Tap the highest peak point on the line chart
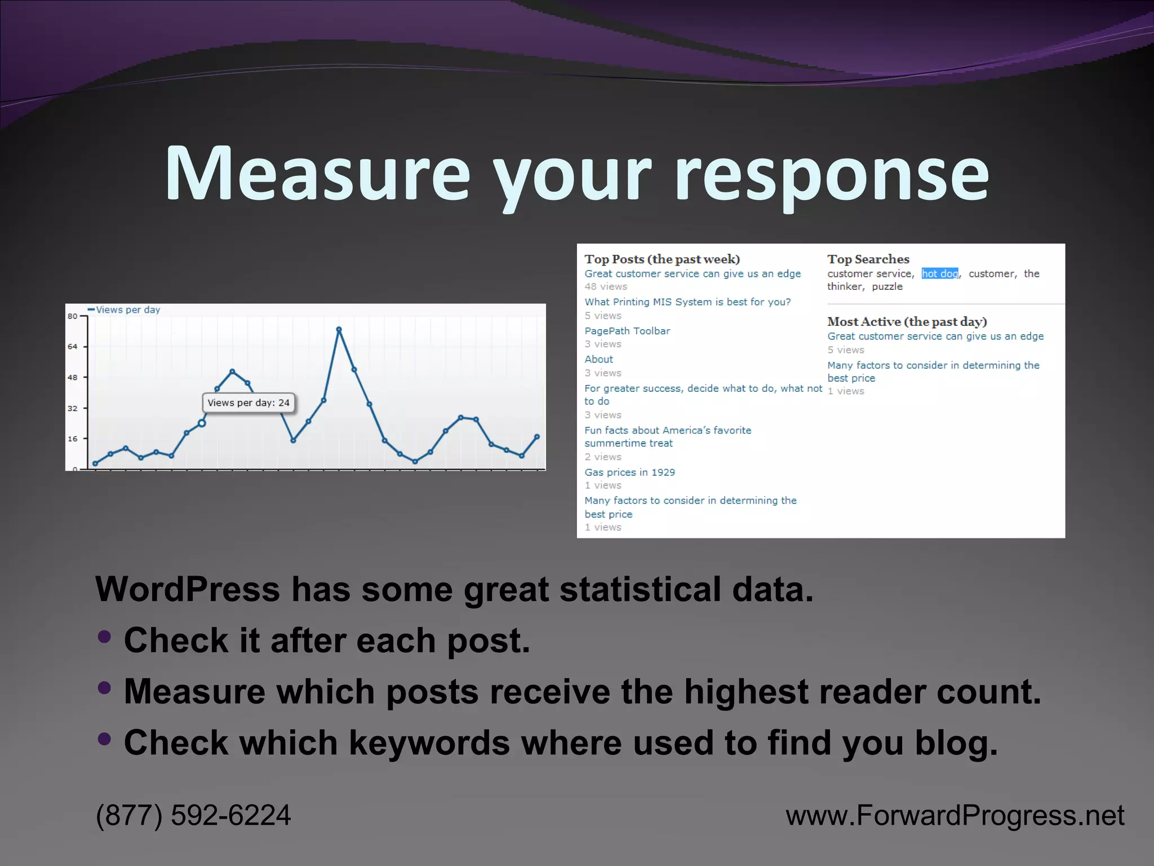tap(339, 330)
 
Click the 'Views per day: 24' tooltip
tap(248, 403)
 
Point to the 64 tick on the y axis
tap(73, 347)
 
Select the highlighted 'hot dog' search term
tap(939, 273)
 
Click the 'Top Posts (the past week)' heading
tap(662, 259)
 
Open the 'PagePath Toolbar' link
tap(627, 331)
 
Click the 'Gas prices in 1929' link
tap(629, 472)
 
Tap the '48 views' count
tap(606, 286)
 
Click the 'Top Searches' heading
tap(868, 259)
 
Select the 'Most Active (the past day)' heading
tap(907, 322)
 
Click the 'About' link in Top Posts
tap(598, 359)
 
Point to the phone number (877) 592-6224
tap(193, 815)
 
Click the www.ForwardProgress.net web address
tap(955, 815)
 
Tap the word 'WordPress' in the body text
tap(187, 590)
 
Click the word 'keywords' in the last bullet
tap(429, 743)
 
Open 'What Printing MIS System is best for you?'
tap(687, 302)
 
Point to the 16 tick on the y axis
tap(73, 439)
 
